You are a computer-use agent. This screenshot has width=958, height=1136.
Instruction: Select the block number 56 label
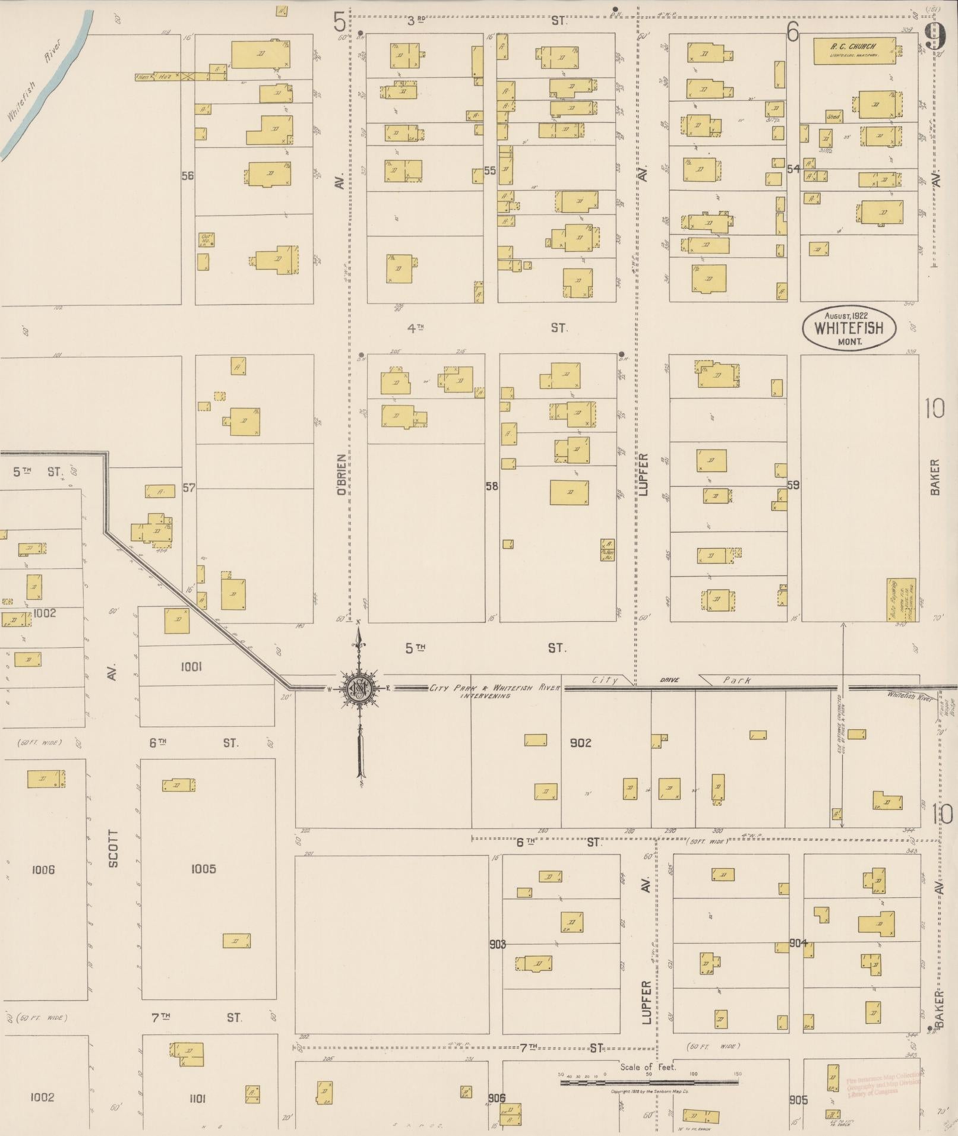coord(188,176)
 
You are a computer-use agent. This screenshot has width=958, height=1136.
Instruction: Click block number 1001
coord(191,667)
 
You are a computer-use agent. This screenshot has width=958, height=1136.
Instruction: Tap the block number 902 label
coord(580,743)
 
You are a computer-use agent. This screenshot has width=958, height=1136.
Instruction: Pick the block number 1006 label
coord(43,870)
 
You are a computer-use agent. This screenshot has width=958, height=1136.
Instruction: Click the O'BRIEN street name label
coord(341,475)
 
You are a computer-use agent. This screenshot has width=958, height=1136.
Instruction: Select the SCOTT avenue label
coord(113,848)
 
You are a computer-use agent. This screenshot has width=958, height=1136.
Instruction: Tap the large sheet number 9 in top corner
coord(935,37)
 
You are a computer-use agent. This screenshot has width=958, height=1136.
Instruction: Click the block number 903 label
coord(497,944)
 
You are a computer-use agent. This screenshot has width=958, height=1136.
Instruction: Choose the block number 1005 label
coord(203,869)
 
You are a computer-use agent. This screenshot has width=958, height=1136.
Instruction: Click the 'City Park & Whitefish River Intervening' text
coord(494,691)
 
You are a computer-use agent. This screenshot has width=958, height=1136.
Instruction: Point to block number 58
coord(491,486)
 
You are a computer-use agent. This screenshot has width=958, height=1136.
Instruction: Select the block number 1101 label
coord(197,1099)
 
